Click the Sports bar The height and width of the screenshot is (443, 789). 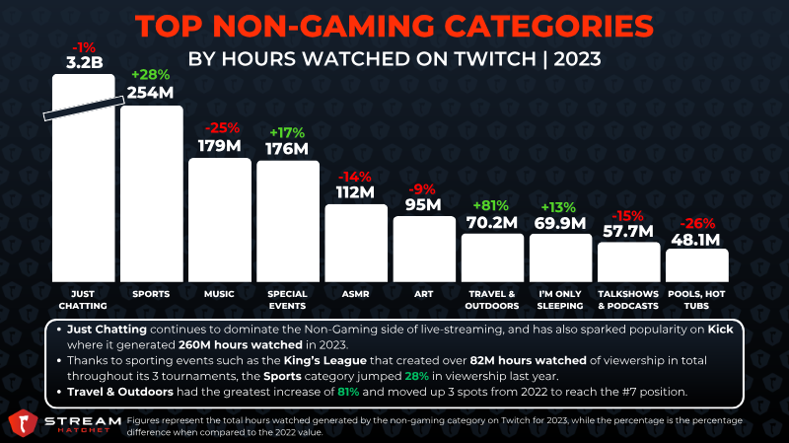(x=152, y=193)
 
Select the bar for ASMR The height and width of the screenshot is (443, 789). (x=356, y=243)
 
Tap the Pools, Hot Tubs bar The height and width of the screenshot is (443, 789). (x=697, y=265)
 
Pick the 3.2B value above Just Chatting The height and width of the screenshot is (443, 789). (x=85, y=62)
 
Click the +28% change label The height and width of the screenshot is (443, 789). (x=151, y=75)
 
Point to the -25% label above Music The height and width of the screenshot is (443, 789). (x=222, y=128)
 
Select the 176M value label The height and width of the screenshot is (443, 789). (x=287, y=149)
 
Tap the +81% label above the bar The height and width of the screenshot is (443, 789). (x=490, y=205)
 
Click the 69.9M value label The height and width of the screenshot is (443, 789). (x=560, y=223)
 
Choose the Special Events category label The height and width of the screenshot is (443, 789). (x=287, y=300)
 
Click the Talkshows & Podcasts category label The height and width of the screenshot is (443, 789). (x=628, y=300)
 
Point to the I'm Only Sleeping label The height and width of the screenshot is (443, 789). (x=559, y=300)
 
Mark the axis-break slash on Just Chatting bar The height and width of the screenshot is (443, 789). (x=84, y=109)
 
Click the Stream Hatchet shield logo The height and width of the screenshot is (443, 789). (x=23, y=422)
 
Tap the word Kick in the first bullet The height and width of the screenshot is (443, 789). (x=721, y=330)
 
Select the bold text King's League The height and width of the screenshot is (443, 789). (x=325, y=360)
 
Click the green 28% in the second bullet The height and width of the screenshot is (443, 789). (x=416, y=376)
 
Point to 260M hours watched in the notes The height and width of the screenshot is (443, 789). (x=241, y=345)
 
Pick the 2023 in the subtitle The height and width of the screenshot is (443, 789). (x=578, y=59)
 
